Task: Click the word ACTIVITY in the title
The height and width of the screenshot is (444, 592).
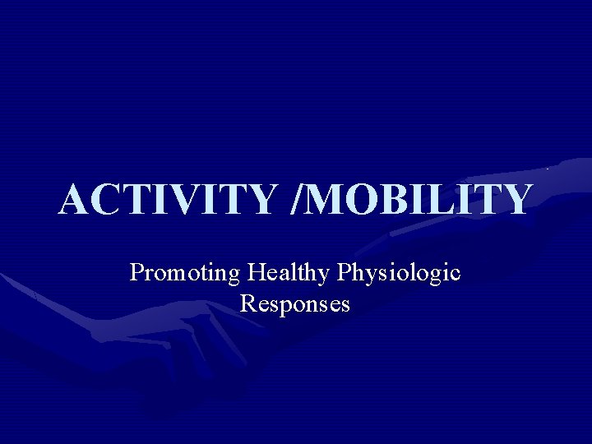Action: click(164, 199)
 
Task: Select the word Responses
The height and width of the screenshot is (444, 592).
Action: click(295, 303)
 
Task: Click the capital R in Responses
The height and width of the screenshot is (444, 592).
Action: click(247, 303)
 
